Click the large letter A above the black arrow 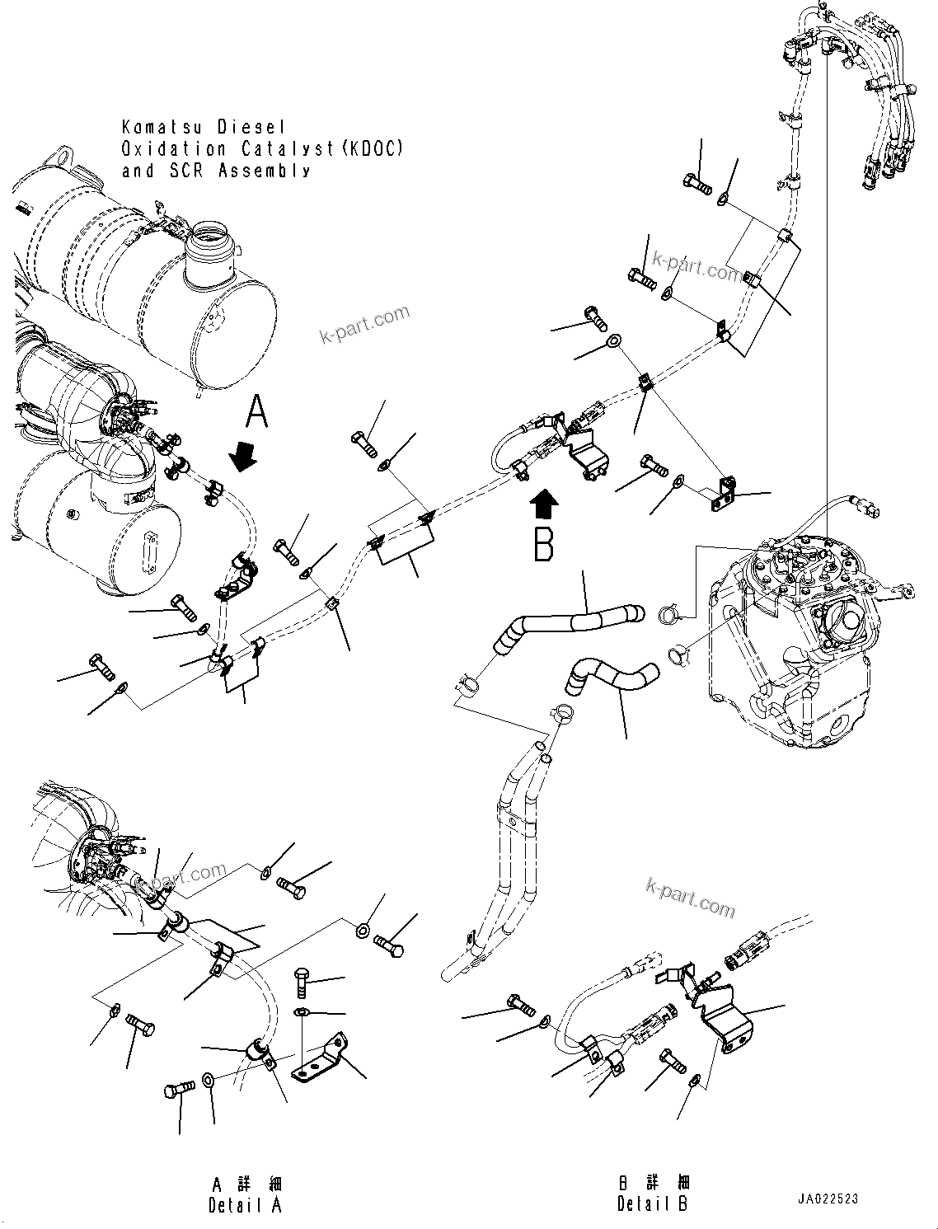point(257,411)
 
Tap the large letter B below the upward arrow point(543,543)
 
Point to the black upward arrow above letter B point(544,500)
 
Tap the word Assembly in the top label point(265,171)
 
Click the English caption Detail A point(245,1204)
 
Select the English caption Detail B point(652,1204)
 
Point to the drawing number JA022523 point(828,1199)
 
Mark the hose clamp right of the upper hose point(669,615)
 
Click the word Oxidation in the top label point(174,149)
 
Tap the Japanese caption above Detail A point(246,1184)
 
